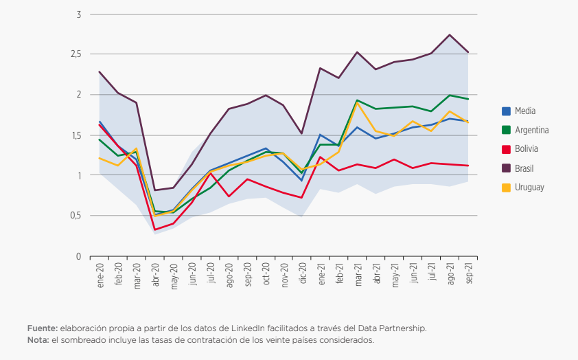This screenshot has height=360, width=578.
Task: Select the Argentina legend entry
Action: click(x=531, y=130)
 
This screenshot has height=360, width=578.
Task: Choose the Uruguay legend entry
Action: click(x=529, y=188)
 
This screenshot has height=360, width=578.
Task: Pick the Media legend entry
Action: click(x=524, y=111)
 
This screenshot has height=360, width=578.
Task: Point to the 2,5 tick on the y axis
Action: click(x=75, y=54)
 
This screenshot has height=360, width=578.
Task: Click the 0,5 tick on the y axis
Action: click(x=75, y=216)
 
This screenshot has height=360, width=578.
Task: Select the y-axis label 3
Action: click(x=78, y=14)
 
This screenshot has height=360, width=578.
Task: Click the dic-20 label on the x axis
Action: click(x=302, y=273)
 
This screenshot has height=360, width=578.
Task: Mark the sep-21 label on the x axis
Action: click(x=468, y=273)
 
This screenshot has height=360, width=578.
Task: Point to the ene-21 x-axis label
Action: click(x=321, y=273)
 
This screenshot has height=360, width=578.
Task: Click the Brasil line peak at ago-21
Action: click(x=449, y=35)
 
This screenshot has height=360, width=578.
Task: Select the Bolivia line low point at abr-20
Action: click(x=155, y=229)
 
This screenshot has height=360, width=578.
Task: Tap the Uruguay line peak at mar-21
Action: click(x=357, y=102)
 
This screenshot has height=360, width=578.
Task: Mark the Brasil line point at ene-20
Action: click(x=100, y=71)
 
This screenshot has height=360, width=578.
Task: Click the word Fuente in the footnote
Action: click(x=42, y=328)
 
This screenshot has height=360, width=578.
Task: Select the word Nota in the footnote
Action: click(x=38, y=339)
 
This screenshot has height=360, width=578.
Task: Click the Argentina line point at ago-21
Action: click(x=449, y=95)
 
